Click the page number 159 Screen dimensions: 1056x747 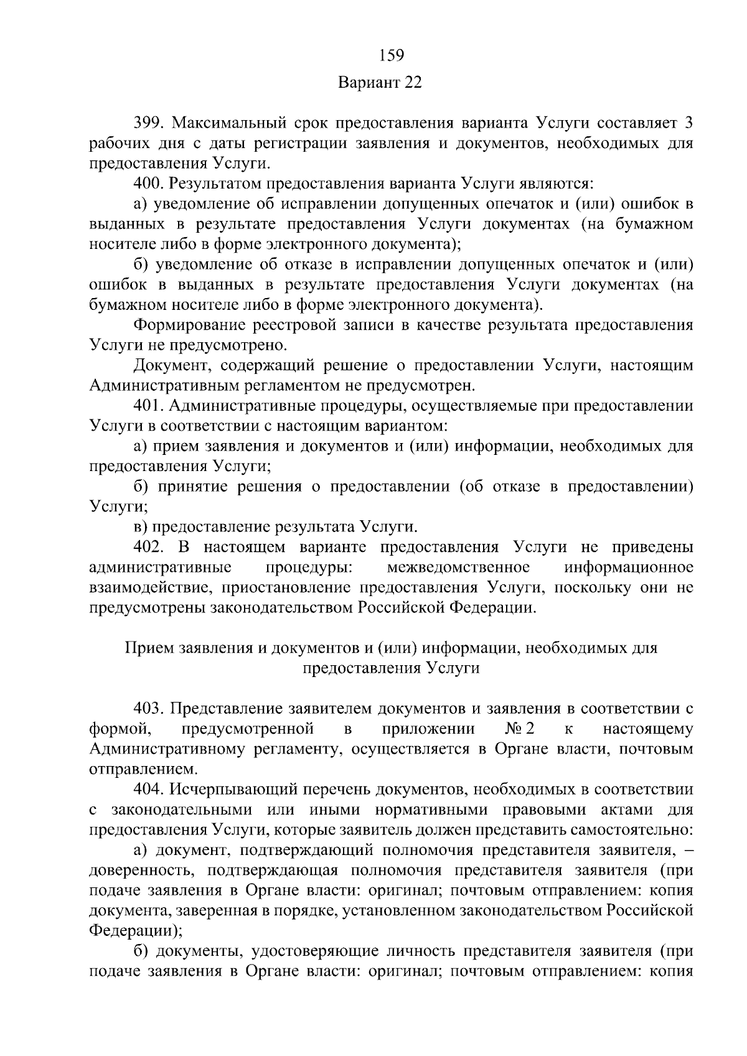392,55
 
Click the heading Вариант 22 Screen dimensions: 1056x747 380,83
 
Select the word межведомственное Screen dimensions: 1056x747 458,568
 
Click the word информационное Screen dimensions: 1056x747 628,568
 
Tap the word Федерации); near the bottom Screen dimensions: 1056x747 136,931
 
